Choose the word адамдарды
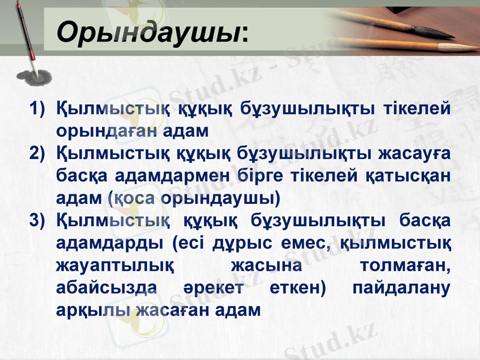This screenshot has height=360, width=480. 107,243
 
